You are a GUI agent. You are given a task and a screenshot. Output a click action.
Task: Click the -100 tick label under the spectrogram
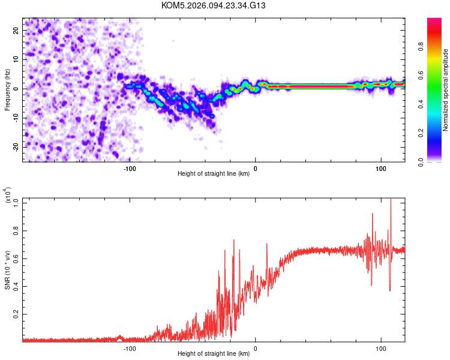pyautogui.click(x=130, y=169)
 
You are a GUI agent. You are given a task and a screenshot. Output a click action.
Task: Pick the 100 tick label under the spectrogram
pyautogui.click(x=381, y=169)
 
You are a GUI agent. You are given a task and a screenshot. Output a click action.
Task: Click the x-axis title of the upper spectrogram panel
pyautogui.click(x=214, y=175)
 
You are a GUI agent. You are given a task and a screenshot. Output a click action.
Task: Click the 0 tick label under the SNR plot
pyautogui.click(x=256, y=348)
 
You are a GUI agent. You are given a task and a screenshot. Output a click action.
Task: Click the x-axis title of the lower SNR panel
pyautogui.click(x=214, y=354)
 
